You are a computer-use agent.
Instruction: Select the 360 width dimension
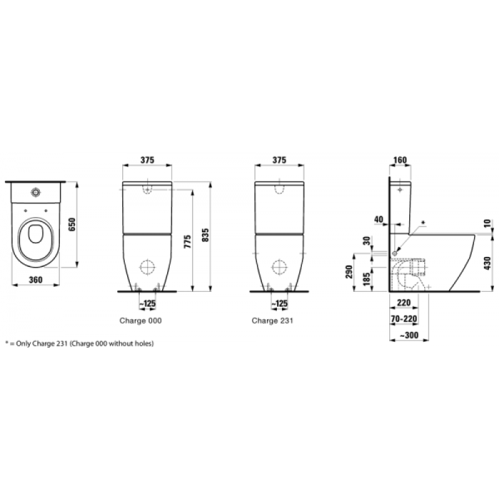click(x=36, y=279)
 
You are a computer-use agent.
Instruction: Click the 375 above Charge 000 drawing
click(x=147, y=160)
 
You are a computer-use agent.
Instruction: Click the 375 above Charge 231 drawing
click(x=279, y=160)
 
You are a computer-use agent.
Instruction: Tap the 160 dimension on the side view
click(x=400, y=160)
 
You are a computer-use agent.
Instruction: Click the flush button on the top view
click(x=36, y=190)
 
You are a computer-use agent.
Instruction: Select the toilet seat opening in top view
click(x=35, y=238)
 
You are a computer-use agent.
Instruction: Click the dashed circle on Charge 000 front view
click(x=147, y=267)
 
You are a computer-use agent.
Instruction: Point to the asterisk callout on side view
click(x=424, y=222)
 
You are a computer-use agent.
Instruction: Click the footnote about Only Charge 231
click(x=80, y=344)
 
